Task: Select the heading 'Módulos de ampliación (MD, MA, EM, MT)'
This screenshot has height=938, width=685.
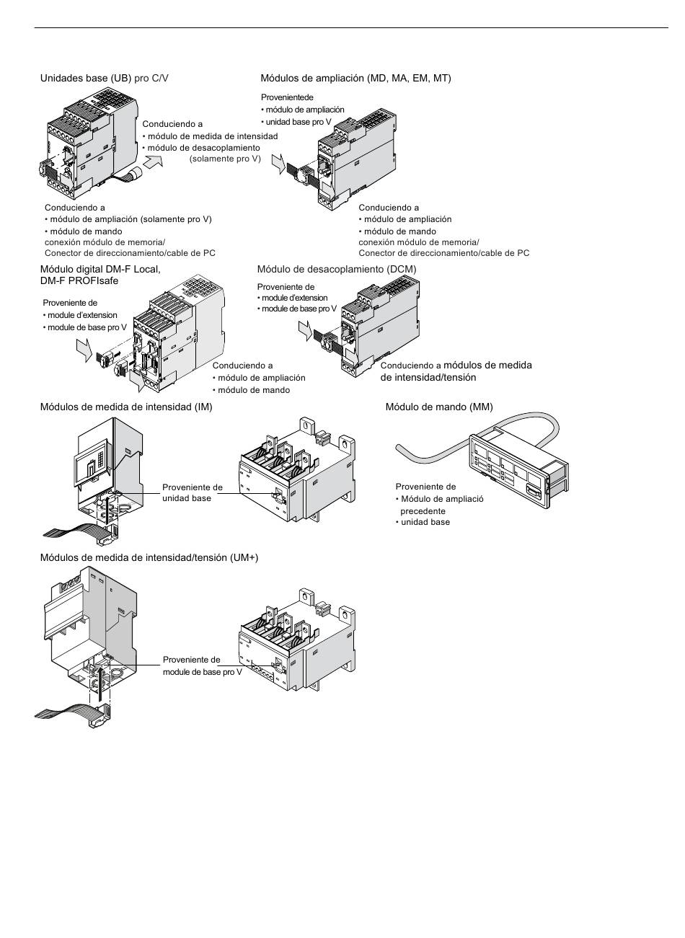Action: [x=355, y=78]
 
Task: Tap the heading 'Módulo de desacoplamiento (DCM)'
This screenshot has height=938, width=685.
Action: [x=337, y=269]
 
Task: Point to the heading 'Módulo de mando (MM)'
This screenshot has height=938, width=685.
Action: [x=439, y=407]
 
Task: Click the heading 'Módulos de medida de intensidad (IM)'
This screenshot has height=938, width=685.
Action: [x=126, y=407]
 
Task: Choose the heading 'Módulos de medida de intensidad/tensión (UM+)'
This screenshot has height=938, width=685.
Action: [x=149, y=557]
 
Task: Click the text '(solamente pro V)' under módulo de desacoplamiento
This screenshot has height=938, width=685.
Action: [x=225, y=159]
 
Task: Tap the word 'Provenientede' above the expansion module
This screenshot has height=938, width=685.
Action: [x=287, y=97]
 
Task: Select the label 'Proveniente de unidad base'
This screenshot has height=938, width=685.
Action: [x=192, y=492]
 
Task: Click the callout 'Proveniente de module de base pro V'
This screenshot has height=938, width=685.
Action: [x=202, y=665]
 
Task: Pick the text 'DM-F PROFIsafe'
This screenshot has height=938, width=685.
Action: [x=79, y=280]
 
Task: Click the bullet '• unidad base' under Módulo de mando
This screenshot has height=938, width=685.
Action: [x=424, y=522]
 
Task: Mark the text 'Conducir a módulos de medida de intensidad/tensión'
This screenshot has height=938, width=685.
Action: [x=456, y=371]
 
